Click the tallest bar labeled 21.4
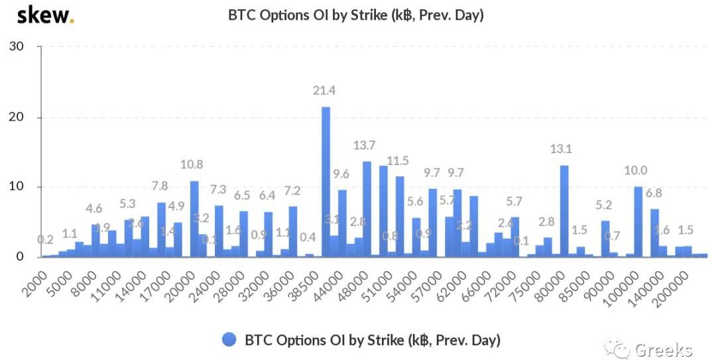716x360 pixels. tap(326, 182)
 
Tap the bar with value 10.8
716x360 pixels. tap(194, 219)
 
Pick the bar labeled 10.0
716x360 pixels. tap(638, 221)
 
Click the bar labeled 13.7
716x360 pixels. tap(367, 209)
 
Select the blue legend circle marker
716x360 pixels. tap(229, 340)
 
